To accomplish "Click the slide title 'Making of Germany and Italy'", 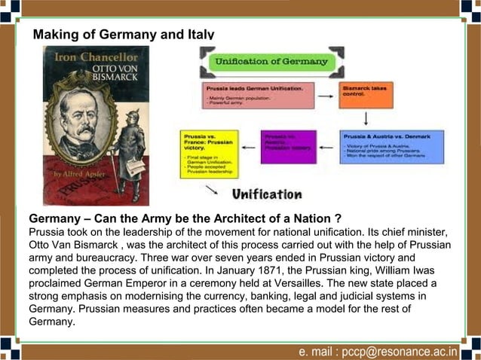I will pos(124,35).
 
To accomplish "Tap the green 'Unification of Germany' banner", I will pos(271,61).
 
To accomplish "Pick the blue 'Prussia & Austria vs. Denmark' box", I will pos(391,147).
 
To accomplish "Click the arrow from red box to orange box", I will pos(325,96).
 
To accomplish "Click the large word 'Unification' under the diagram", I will pos(267,194).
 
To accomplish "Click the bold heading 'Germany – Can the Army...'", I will pos(185,218).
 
